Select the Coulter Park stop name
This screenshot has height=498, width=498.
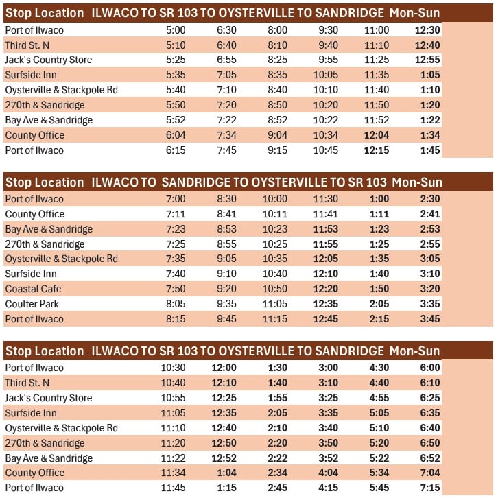[x=32, y=304]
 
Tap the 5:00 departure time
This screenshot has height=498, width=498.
[x=175, y=30]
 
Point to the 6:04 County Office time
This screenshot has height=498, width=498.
[x=175, y=135]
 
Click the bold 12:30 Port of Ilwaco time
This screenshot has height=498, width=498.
[x=427, y=30]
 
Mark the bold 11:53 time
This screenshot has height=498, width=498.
[x=326, y=229]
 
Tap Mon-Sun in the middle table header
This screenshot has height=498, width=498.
[x=416, y=182]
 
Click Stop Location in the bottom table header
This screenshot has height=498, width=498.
[x=45, y=351]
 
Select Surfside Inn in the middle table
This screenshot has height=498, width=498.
[x=31, y=274]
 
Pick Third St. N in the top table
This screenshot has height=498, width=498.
[x=27, y=45]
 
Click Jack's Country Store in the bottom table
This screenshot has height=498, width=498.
[x=48, y=398]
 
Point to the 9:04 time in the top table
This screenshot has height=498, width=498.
[x=277, y=135]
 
